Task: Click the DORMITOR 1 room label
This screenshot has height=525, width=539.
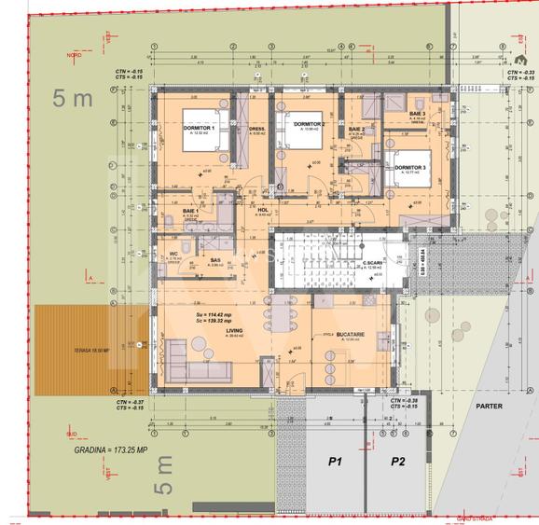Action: [x=199, y=127]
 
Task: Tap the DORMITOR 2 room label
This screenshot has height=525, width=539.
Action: [x=309, y=123]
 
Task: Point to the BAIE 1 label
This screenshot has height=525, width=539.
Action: [x=190, y=212]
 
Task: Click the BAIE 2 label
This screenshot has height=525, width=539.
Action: [x=356, y=130]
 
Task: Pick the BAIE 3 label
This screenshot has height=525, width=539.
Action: [x=417, y=114]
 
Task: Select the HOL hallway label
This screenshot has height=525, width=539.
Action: [x=263, y=211]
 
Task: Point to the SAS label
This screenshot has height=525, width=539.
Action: [x=214, y=260]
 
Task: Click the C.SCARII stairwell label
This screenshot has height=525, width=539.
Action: [x=375, y=264]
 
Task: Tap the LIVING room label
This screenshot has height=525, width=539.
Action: [x=235, y=330]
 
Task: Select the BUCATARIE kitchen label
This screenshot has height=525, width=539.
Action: [x=351, y=334]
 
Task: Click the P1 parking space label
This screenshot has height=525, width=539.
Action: [x=334, y=461]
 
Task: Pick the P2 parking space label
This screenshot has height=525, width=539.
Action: [x=397, y=461]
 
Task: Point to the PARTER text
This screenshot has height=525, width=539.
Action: [x=489, y=406]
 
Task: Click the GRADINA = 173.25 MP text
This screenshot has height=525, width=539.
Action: [x=111, y=449]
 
